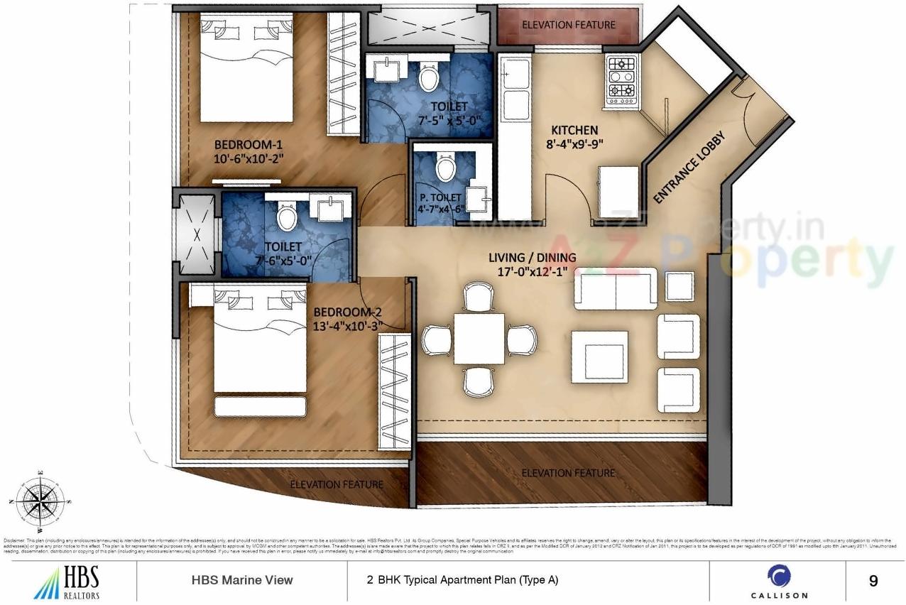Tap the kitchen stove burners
(623, 77)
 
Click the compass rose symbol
(40, 501)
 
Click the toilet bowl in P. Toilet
(445, 170)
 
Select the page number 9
(873, 581)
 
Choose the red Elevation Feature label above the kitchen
(568, 25)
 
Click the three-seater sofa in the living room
(615, 288)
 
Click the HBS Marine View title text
(242, 580)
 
